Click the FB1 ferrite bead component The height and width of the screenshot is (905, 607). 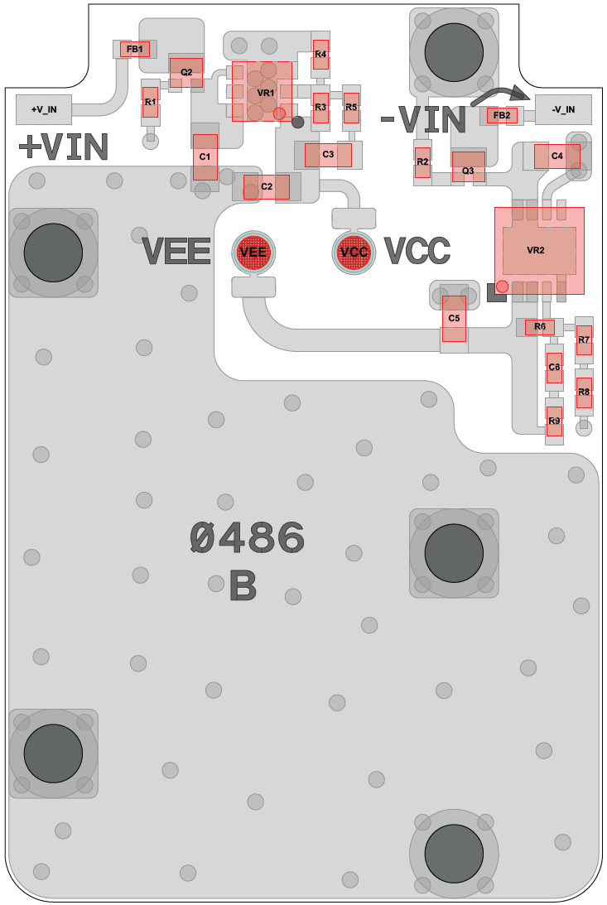[135, 49]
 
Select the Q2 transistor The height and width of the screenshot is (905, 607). [186, 72]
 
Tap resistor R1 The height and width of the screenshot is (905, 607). [150, 103]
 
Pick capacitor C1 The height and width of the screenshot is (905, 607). [205, 156]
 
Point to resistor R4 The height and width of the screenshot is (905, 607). [320, 55]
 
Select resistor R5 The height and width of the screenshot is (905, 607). [351, 108]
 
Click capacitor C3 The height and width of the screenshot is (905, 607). [328, 154]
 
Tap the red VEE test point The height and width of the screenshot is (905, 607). [253, 251]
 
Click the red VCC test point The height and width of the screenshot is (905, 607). [354, 252]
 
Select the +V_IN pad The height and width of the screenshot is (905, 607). [44, 108]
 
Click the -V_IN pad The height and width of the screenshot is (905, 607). [564, 108]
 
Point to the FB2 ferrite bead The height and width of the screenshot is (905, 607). [502, 115]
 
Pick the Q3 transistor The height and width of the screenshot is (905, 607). [468, 166]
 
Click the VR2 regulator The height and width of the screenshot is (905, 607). [539, 250]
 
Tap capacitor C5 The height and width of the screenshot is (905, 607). [454, 319]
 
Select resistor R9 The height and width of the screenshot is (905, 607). [554, 421]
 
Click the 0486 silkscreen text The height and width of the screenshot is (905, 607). [247, 539]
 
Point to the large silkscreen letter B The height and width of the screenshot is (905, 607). [243, 587]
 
